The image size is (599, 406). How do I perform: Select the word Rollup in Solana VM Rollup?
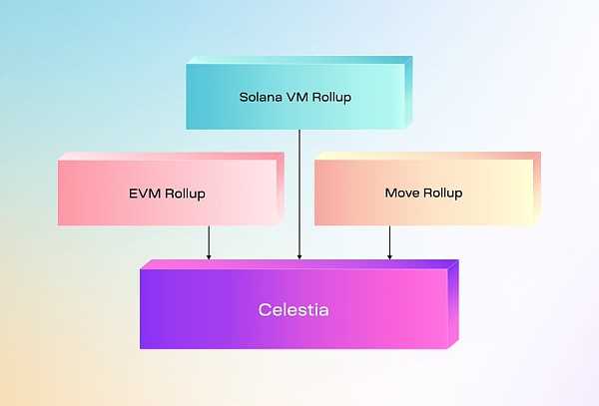coord(333,98)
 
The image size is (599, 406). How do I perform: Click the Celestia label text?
coord(294,310)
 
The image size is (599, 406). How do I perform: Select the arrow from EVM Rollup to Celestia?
coord(209,240)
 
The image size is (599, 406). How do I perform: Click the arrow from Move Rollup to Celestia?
coord(389,240)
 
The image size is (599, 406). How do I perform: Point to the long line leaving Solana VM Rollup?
coord(299,190)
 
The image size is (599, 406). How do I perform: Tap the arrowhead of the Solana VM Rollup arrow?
coord(299,256)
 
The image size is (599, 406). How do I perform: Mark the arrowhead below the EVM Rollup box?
coord(209,256)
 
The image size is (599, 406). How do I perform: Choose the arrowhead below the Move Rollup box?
coord(389,256)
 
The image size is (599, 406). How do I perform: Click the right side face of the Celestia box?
coord(452,304)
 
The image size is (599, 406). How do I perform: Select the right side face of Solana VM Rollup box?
coord(405,92)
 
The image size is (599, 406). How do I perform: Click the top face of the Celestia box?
coord(299,265)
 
